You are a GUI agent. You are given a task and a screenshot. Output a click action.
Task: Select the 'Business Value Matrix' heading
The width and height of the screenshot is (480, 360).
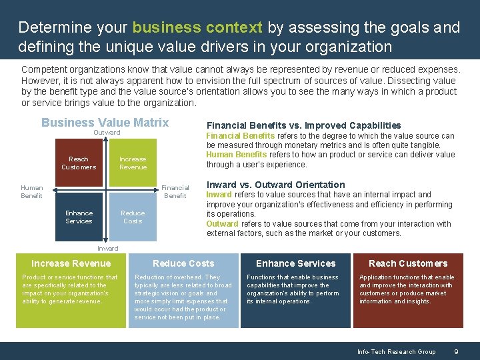tap(105, 123)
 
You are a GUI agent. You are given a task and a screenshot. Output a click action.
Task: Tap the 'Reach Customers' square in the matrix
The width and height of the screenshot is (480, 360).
tap(79, 163)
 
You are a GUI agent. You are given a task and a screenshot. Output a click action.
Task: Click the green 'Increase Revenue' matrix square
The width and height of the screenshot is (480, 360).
tap(133, 163)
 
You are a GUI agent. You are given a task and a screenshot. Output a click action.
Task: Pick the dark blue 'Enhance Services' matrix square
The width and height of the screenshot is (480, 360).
tap(79, 217)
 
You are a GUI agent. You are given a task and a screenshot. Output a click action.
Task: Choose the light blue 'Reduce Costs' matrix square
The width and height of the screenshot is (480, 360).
tap(133, 217)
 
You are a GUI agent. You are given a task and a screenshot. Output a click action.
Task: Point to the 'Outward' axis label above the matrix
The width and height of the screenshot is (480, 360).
tap(107, 133)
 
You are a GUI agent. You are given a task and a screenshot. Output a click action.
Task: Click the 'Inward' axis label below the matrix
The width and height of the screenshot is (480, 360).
tap(107, 249)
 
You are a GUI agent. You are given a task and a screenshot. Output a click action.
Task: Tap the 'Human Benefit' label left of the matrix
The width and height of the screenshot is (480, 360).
tap(31, 192)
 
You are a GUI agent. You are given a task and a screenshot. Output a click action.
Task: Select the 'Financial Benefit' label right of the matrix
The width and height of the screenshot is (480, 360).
tap(175, 192)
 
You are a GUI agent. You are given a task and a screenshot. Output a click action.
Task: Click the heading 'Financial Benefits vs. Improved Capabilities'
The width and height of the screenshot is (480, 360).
tap(303, 125)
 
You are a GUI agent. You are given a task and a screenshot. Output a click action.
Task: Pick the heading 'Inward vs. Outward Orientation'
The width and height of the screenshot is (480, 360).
tap(275, 185)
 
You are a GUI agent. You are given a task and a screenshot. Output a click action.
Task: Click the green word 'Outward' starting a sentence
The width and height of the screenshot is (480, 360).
tap(221, 224)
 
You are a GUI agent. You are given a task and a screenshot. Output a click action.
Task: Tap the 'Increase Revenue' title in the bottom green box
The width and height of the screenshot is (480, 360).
tap(71, 263)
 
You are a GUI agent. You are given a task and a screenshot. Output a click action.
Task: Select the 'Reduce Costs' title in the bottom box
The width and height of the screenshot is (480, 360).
tap(183, 263)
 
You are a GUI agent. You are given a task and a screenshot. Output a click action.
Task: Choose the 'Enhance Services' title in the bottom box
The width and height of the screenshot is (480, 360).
tap(296, 263)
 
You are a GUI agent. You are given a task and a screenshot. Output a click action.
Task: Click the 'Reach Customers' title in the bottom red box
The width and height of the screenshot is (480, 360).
tap(408, 263)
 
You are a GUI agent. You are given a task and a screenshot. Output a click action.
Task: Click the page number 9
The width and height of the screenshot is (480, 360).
tap(455, 352)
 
